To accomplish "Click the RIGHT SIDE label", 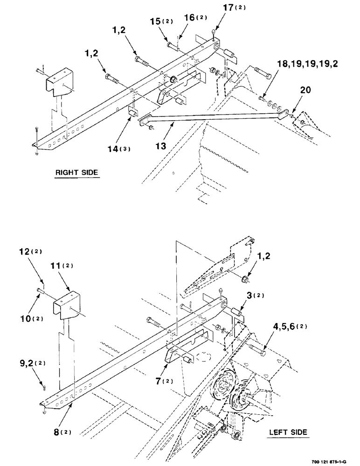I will tap(77, 172).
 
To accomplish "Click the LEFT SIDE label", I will tap(288, 432).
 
